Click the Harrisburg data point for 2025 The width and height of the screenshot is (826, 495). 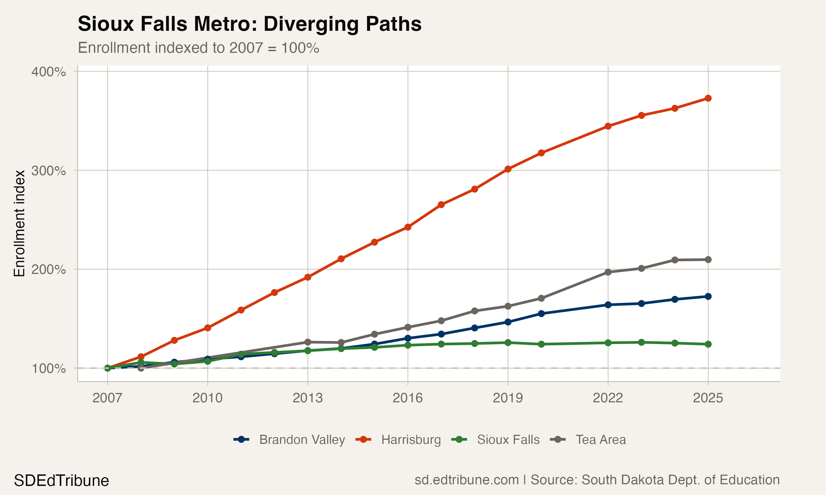[708, 98]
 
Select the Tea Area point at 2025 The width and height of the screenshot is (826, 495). [708, 260]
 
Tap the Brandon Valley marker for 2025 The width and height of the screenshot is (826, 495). [708, 296]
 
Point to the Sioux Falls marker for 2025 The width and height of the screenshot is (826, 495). [708, 344]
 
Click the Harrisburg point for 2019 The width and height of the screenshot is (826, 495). [508, 169]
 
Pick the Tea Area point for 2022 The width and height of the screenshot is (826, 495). [608, 272]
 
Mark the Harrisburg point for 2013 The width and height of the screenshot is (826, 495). [308, 277]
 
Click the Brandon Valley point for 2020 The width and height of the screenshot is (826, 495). [541, 313]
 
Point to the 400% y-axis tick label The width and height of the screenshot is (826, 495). [48, 72]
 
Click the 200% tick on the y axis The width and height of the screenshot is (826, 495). [48, 269]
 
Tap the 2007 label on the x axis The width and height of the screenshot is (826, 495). [107, 398]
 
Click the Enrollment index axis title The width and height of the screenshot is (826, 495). [19, 224]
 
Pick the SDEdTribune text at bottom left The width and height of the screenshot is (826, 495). [61, 481]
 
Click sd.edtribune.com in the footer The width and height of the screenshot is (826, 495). [466, 480]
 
